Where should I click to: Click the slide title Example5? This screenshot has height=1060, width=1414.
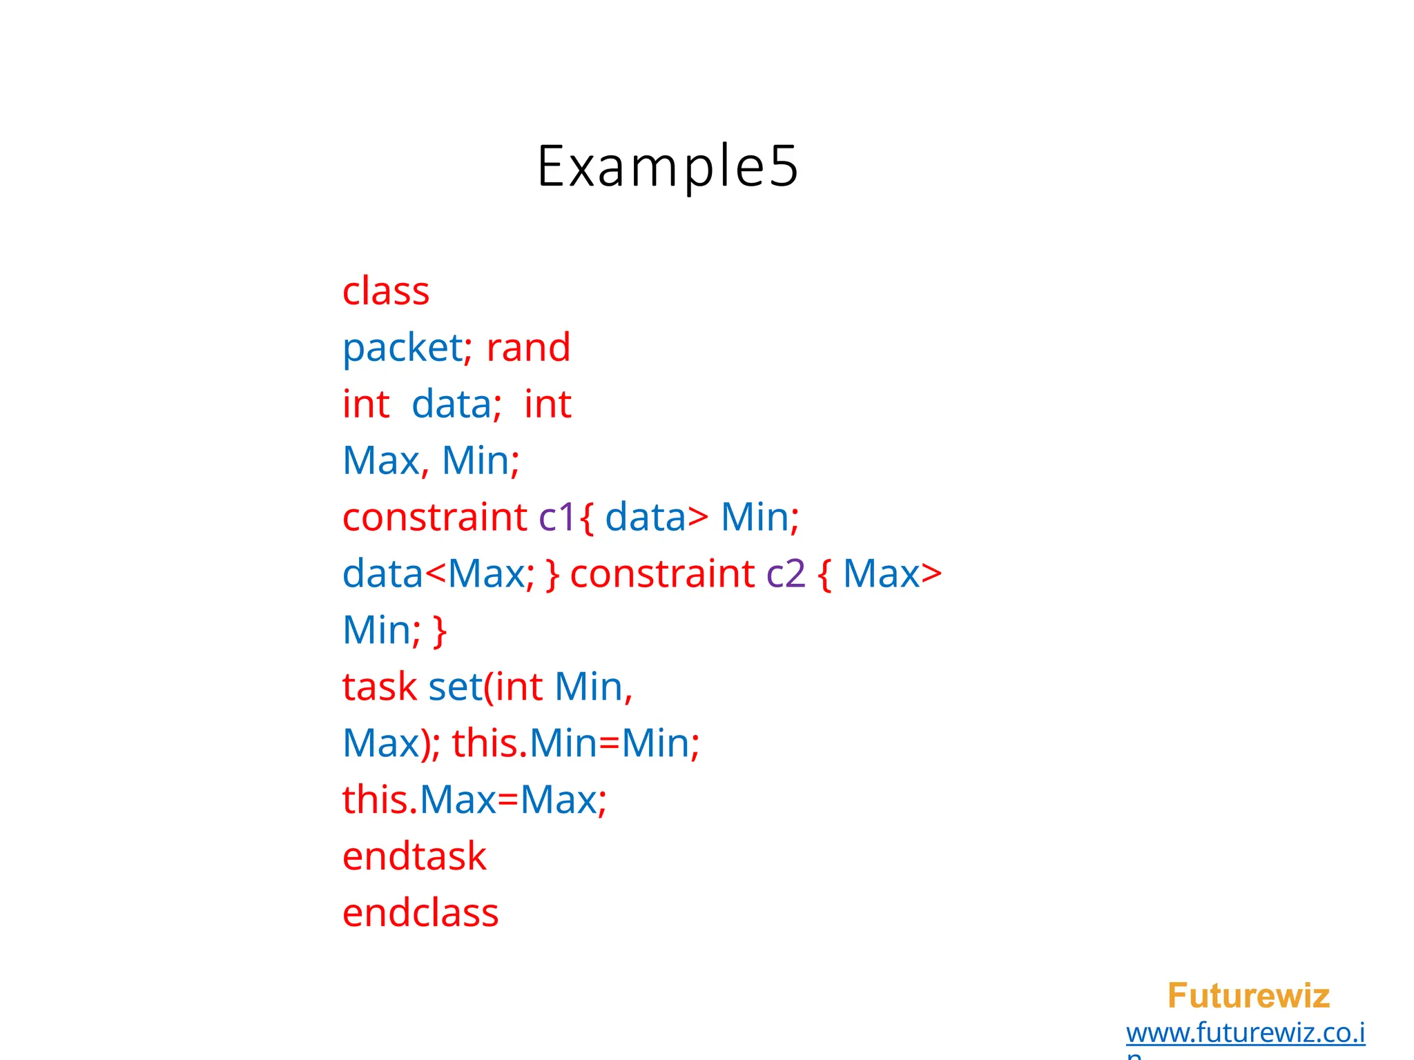668,166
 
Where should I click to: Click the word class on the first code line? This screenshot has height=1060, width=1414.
386,291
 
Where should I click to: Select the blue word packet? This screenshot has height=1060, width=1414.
403,347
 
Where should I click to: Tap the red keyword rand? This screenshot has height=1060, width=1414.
528,347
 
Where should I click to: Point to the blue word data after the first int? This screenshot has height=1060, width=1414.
452,404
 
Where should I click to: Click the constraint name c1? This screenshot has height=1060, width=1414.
556,517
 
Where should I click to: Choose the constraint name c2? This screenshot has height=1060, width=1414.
786,573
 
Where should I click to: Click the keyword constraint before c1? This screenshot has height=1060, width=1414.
435,517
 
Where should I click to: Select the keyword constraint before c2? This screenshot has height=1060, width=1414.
662,573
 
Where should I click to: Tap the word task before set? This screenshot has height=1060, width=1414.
379,687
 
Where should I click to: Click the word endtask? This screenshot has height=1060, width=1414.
414,856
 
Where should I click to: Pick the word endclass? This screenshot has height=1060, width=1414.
420,913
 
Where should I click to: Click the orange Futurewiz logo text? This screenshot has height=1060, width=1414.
1248,996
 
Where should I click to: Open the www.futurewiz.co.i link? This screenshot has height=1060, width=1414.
1246,1033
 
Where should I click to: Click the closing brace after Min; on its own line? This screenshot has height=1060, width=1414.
440,631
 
